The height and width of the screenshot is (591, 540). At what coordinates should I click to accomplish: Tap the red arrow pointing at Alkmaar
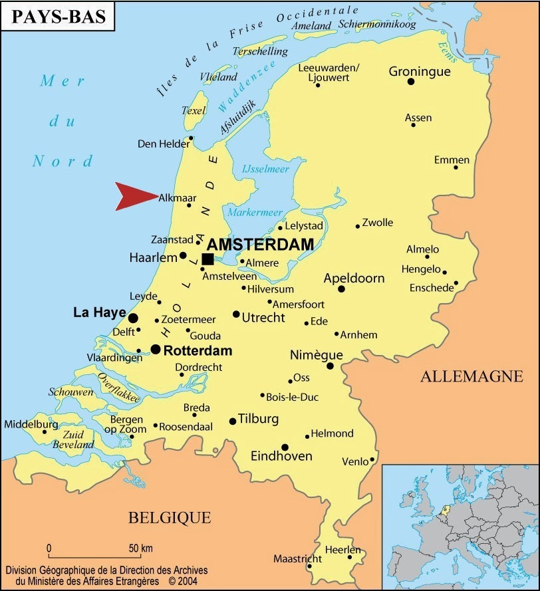133,196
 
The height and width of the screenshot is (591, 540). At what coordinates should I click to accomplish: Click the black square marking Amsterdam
207,259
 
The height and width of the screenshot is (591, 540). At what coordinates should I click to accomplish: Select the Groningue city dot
411,81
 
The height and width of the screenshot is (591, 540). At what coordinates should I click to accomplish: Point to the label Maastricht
297,558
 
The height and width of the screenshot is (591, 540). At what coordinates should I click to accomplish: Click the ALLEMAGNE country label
472,377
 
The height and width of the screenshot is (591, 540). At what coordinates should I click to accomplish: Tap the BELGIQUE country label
170,517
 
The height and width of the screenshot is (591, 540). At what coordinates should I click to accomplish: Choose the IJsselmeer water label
265,170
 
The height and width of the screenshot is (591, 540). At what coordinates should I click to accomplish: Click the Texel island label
194,110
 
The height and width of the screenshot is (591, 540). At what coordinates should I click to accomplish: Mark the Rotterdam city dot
155,349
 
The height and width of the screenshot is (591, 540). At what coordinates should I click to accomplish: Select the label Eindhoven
281,457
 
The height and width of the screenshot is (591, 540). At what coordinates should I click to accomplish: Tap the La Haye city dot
133,318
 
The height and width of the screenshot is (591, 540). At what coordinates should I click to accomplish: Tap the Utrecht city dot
236,314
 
